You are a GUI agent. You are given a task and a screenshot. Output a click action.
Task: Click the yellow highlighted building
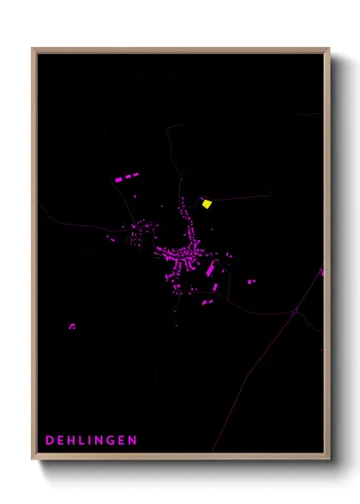point(207,203)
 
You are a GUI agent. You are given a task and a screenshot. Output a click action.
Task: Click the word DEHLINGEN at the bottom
point(91,441)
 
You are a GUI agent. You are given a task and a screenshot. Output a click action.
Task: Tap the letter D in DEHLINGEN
point(50,441)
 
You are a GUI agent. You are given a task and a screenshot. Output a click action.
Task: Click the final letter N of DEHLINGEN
point(132,441)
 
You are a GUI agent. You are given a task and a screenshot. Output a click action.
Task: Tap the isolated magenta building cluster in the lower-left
point(72,326)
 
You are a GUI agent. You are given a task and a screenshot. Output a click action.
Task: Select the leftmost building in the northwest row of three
point(118,180)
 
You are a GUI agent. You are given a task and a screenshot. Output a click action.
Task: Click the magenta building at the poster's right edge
point(322,272)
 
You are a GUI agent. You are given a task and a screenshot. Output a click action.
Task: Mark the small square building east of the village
point(251,281)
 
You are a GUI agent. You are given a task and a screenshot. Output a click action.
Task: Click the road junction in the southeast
point(295,312)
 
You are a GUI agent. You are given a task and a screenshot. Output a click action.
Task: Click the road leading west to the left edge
point(60,219)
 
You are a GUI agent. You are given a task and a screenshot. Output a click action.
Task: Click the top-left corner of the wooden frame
point(33,49)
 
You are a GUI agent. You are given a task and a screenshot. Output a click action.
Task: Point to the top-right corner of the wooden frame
point(328,49)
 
